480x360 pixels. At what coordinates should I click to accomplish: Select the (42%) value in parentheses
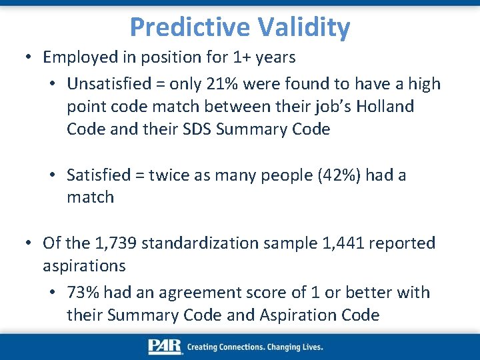[x=309, y=175]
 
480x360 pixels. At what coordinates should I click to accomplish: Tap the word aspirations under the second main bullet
[x=84, y=266]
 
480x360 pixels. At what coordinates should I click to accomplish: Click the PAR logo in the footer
[x=165, y=347]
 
